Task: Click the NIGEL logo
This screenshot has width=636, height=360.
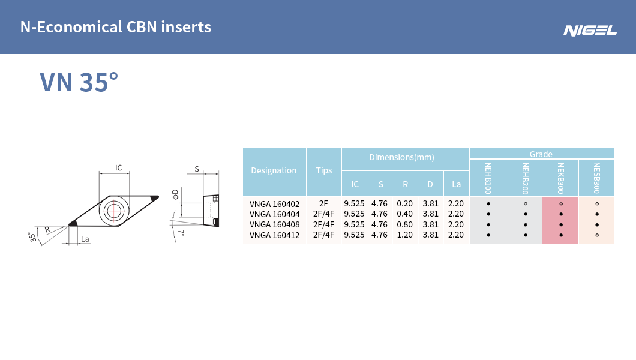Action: click(x=590, y=31)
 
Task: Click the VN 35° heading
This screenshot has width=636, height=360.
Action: click(x=79, y=82)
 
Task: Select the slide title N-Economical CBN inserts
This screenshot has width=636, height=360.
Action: click(x=116, y=27)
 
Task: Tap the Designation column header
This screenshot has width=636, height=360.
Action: click(x=274, y=170)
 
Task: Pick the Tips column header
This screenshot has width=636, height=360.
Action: click(x=323, y=170)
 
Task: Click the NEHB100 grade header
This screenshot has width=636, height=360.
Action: click(x=488, y=178)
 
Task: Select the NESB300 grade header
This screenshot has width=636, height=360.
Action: click(x=596, y=178)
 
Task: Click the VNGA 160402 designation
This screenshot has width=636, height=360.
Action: click(x=275, y=204)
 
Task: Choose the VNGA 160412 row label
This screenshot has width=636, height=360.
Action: click(x=275, y=235)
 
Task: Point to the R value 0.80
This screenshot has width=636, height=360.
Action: click(x=405, y=224)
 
